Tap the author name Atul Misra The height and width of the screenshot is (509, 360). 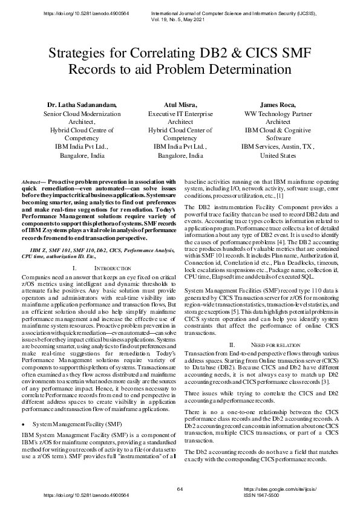pyautogui.click(x=180, y=105)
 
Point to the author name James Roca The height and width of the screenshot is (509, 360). pyautogui.click(x=278, y=105)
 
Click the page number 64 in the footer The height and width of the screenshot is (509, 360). pyautogui.click(x=180, y=488)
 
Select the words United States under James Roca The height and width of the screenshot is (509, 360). pyautogui.click(x=278, y=155)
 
